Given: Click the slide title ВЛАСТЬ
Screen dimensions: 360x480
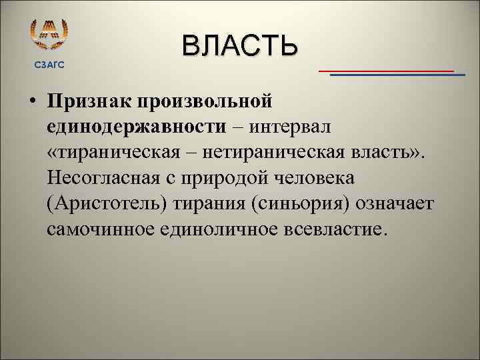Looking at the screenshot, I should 239,46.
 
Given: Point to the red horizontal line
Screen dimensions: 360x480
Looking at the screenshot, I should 386,70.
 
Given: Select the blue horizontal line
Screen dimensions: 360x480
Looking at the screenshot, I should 397,75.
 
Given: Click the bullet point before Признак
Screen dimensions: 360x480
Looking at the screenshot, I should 33,102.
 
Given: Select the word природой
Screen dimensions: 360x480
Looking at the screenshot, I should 227,178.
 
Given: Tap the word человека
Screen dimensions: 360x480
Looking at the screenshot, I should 317,178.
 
